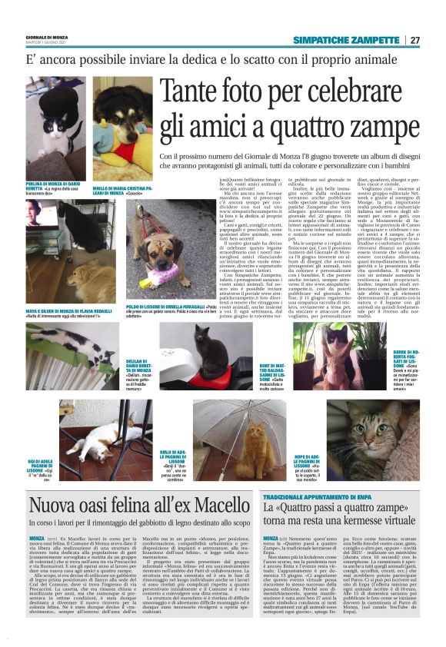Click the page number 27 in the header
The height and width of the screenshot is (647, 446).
(415, 40)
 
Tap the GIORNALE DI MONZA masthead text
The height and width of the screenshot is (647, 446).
(48, 38)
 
